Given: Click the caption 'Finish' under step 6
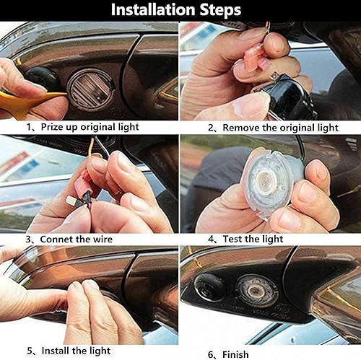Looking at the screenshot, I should [235, 354].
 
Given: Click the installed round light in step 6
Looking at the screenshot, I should [257, 289].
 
